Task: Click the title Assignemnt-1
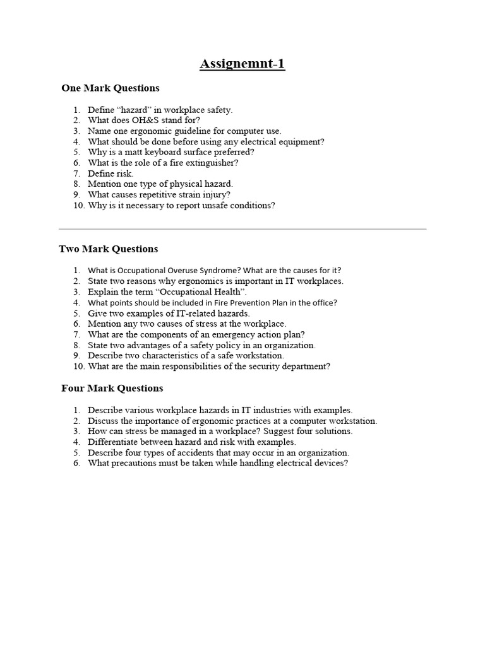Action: (x=242, y=64)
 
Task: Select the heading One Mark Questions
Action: (x=111, y=88)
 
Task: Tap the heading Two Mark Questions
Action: (x=109, y=249)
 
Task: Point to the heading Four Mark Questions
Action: (x=112, y=389)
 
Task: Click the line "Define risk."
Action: (x=111, y=173)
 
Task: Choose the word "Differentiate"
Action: (x=114, y=442)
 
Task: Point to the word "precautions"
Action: (x=135, y=464)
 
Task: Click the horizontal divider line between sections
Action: (x=242, y=229)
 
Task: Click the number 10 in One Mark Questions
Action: (x=78, y=206)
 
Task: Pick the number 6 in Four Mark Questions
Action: (x=76, y=464)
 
